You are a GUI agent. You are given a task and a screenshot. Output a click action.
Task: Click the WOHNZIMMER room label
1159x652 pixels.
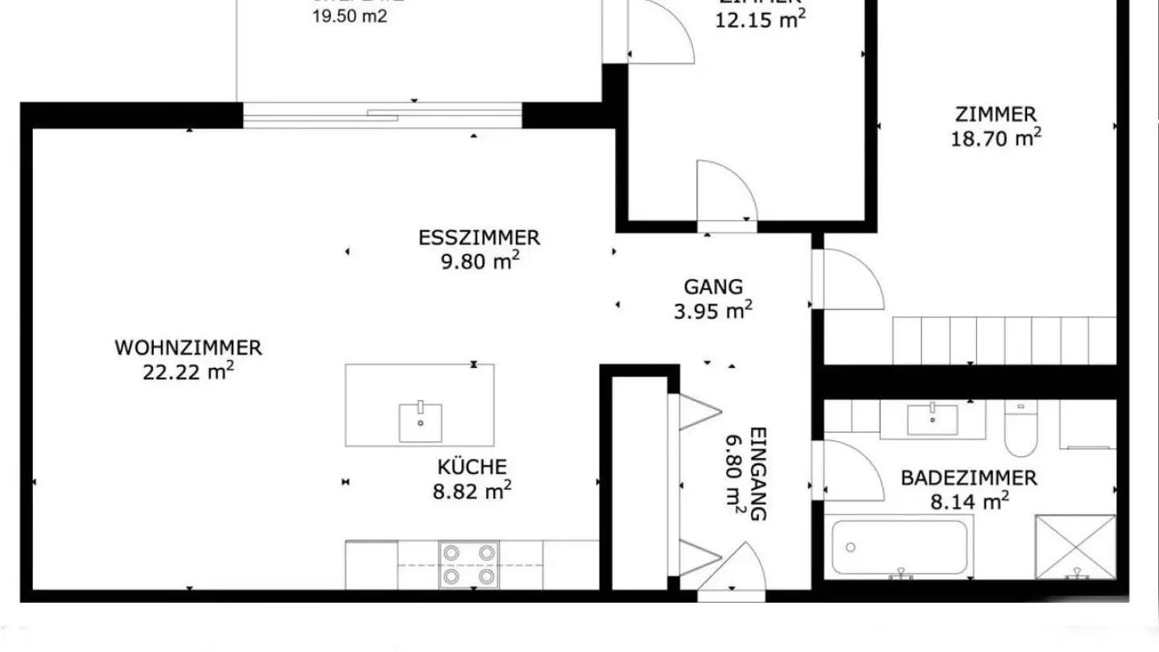click(x=188, y=349)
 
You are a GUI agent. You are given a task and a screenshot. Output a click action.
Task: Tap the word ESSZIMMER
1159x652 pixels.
click(x=479, y=238)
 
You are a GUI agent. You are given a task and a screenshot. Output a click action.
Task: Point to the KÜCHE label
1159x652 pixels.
click(x=472, y=467)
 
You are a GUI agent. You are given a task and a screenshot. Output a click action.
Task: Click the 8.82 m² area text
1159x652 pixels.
click(x=472, y=491)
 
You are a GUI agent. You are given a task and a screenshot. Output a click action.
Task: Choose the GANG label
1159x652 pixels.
click(x=713, y=287)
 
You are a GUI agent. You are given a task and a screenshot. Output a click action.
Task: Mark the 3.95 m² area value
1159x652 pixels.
click(x=713, y=311)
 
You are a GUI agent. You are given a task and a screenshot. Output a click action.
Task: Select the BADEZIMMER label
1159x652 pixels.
click(x=968, y=478)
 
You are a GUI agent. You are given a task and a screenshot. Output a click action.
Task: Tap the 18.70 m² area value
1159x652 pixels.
click(x=996, y=138)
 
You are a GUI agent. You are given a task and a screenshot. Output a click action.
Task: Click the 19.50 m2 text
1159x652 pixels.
click(x=350, y=17)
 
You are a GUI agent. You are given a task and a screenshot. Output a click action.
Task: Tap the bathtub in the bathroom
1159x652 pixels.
click(x=899, y=548)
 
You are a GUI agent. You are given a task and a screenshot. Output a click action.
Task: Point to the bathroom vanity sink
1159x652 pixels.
click(x=932, y=419)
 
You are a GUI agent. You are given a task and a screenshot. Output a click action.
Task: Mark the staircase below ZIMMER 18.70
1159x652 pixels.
click(x=1004, y=340)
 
